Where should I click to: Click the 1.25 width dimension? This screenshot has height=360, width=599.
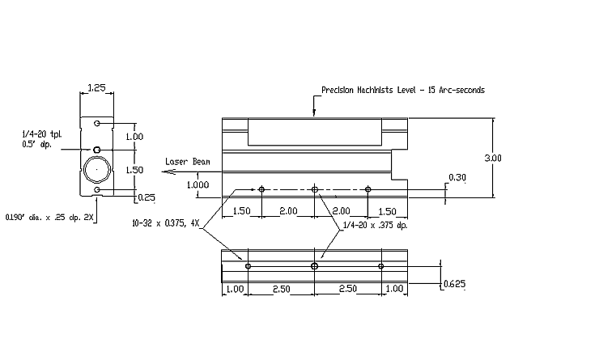point(96,88)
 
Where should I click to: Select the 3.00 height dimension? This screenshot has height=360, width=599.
point(493,158)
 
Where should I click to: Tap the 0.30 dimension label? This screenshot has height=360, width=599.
point(457,177)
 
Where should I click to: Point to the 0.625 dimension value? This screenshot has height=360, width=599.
point(455,284)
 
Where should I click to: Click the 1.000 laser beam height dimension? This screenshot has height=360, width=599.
point(198,184)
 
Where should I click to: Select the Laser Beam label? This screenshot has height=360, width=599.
point(188,162)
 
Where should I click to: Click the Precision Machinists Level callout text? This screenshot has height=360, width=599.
point(403,90)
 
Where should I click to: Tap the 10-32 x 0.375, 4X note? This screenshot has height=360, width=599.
point(166,223)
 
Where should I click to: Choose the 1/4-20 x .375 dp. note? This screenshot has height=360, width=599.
point(375,225)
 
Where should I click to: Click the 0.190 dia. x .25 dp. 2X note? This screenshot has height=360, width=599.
point(49,218)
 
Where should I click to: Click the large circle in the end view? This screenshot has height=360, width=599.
point(97,169)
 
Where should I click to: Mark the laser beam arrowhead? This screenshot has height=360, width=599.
point(168,172)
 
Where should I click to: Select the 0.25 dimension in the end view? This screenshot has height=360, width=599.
point(147,197)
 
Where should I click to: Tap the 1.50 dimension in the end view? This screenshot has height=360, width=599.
point(134,170)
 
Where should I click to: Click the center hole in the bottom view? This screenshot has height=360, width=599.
point(314,265)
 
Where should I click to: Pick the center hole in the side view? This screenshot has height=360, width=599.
point(315,189)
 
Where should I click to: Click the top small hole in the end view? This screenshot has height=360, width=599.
point(97,123)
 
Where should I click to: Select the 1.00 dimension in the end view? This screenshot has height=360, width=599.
point(134,137)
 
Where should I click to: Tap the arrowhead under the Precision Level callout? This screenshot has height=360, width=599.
point(314,112)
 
